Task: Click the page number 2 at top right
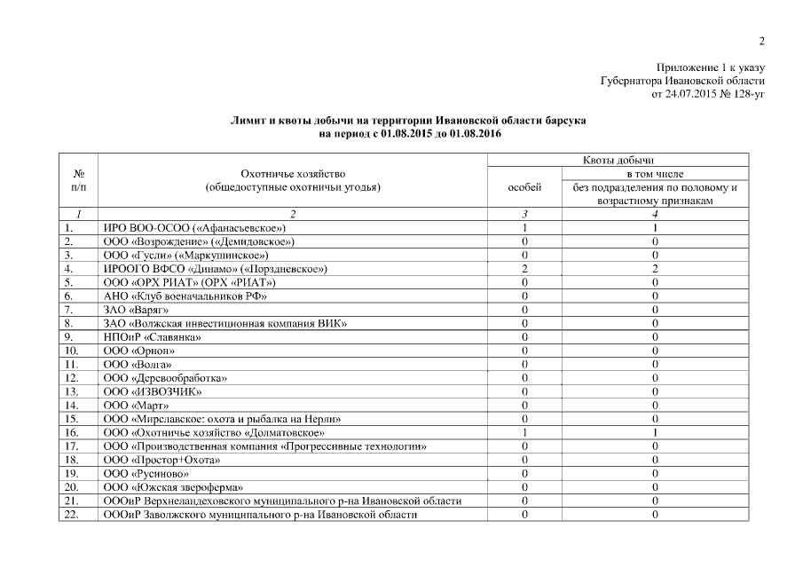tap(761, 41)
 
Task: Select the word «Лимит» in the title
tap(248, 120)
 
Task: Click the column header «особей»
tap(524, 187)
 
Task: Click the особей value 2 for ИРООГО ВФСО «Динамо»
tap(524, 268)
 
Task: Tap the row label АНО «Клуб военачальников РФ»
tap(185, 296)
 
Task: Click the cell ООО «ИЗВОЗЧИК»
tap(153, 391)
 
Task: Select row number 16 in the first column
tap(72, 432)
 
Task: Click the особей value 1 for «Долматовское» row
tap(524, 432)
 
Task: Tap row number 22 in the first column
tap(72, 515)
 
